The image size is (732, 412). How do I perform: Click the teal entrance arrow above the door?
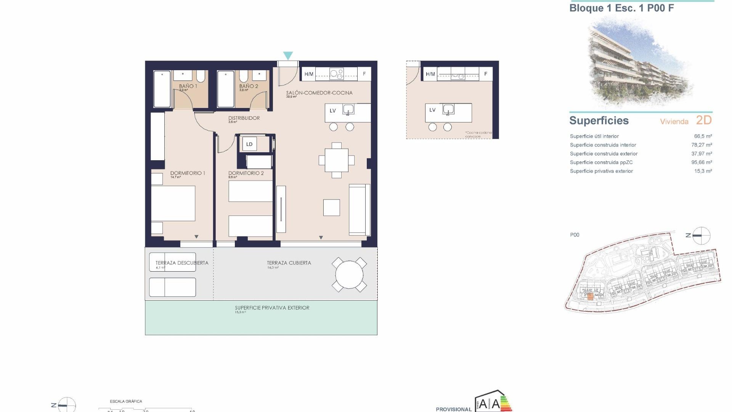[288, 56]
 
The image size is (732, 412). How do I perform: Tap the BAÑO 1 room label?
[188, 86]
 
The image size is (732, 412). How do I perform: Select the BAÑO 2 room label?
[249, 86]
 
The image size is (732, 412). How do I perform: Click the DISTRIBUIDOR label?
[244, 118]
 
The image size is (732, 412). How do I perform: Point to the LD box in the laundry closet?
[249, 144]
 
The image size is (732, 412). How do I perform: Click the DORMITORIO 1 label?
[188, 173]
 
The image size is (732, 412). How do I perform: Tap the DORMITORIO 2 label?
[246, 173]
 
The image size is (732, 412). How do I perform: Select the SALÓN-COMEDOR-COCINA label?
[319, 93]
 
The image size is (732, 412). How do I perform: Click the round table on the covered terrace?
[349, 275]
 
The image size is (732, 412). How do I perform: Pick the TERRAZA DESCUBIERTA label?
[182, 263]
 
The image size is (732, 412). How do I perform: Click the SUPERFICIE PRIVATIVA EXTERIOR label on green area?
[272, 308]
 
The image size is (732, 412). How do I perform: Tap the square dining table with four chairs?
[337, 160]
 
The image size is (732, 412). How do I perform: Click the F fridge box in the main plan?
[364, 74]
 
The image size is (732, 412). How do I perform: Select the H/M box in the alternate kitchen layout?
[430, 74]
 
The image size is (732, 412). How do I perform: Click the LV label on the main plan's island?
[333, 111]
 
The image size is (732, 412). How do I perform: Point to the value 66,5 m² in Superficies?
[703, 136]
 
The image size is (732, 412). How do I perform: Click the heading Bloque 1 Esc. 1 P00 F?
[621, 8]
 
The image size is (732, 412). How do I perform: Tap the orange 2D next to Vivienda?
[704, 120]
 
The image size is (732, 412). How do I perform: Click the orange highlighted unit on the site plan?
[590, 296]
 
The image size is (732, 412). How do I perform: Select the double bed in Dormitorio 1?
[173, 203]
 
